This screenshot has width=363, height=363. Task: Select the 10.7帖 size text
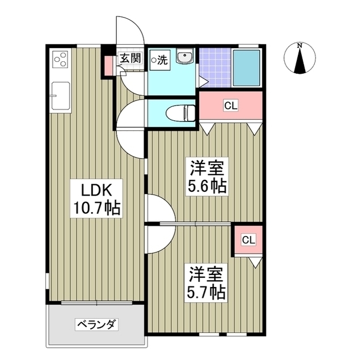tap(95, 209)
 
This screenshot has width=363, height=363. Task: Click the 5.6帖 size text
tap(208, 186)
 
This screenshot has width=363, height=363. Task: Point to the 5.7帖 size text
tap(207, 292)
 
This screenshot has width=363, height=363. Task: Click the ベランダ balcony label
tap(96, 325)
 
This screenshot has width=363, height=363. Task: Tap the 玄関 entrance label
tap(130, 57)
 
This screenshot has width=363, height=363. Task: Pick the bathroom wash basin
tap(184, 58)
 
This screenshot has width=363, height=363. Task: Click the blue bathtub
tap(246, 67)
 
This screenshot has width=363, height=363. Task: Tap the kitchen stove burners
tap(60, 60)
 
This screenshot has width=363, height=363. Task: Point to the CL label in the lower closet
tap(248, 240)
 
